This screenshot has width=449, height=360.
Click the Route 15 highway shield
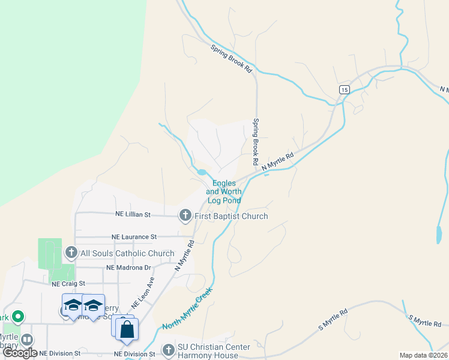click(x=343, y=89)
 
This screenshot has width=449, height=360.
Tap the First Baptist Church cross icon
click(x=185, y=215)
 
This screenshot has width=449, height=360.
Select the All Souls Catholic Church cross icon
click(x=71, y=252)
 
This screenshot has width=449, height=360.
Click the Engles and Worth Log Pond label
click(x=224, y=192)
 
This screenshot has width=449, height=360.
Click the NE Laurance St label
click(x=133, y=238)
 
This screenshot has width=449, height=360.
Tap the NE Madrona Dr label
click(x=128, y=268)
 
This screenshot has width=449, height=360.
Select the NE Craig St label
click(x=69, y=283)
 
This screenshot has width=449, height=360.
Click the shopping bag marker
click(x=127, y=329)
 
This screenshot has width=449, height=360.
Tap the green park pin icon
click(x=18, y=316)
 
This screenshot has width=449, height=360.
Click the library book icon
click(x=27, y=340)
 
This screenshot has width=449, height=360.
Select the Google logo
click(x=20, y=353)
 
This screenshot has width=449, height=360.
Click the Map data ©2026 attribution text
click(x=424, y=355)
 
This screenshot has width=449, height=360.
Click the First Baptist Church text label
click(x=231, y=216)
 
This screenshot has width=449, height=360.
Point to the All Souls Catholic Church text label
click(x=118, y=253)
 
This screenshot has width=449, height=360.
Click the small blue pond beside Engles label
click(x=202, y=173)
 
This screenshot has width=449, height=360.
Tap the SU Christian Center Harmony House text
click(x=213, y=351)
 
